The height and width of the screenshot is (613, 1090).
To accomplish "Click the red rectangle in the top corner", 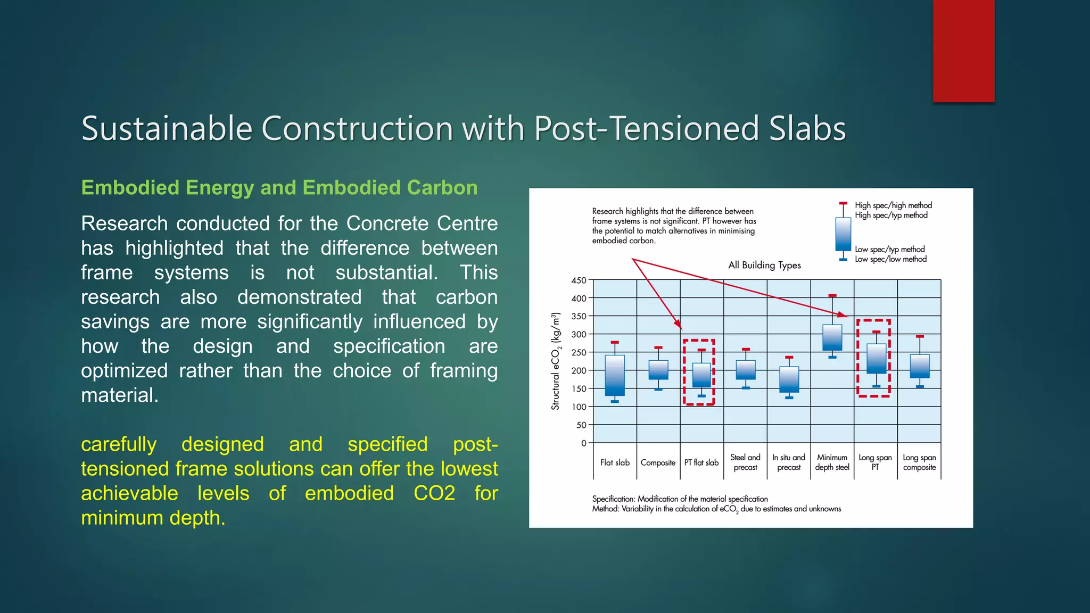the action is click(x=963, y=51).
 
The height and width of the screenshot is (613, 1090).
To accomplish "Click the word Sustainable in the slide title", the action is click(x=167, y=129).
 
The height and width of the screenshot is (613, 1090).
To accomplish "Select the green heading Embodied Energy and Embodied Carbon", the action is click(x=279, y=188).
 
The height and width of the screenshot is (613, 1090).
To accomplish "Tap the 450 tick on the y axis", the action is click(x=579, y=280).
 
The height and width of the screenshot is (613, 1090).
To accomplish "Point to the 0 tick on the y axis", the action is click(x=584, y=443).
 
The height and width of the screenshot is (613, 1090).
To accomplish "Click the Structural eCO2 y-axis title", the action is click(x=556, y=361).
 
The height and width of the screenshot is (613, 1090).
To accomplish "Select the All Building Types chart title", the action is click(x=764, y=265).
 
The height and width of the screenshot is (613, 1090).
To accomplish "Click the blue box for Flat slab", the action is click(x=615, y=376).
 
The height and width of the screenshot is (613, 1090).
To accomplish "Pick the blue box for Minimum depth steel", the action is click(x=832, y=337).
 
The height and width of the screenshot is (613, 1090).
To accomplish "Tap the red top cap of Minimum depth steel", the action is click(x=832, y=295).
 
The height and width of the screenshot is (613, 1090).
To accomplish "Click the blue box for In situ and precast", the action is click(x=789, y=379).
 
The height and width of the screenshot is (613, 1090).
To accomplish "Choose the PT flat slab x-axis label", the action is click(x=701, y=462).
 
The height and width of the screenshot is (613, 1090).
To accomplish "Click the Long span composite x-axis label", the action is click(x=919, y=462).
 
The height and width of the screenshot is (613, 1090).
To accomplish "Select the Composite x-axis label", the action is click(x=658, y=463).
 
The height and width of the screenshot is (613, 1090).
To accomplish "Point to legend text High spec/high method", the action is click(x=894, y=205).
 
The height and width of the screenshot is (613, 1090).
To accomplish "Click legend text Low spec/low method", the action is click(x=891, y=259).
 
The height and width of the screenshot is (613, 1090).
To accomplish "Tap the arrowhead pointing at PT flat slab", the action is click(x=678, y=324).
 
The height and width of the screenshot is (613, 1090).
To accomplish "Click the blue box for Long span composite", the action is click(x=920, y=366).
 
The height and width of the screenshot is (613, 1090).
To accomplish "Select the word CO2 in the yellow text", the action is click(x=434, y=493).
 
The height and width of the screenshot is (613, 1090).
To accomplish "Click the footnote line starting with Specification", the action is click(x=680, y=499).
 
